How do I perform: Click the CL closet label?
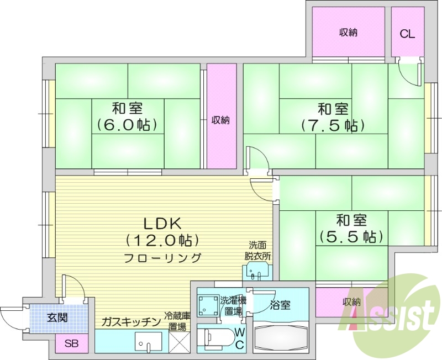[x=407, y=34]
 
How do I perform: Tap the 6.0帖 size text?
[x=127, y=124]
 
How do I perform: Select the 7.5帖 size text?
[x=333, y=125]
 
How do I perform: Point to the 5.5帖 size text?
[x=351, y=237]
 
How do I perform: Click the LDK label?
[x=162, y=224]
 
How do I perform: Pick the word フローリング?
[x=162, y=257]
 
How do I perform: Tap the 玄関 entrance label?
[x=56, y=317]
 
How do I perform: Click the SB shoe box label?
[x=71, y=343]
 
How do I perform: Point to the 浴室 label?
[x=281, y=304]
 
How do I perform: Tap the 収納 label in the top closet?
[x=348, y=33]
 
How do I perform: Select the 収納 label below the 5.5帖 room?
[x=351, y=302]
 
